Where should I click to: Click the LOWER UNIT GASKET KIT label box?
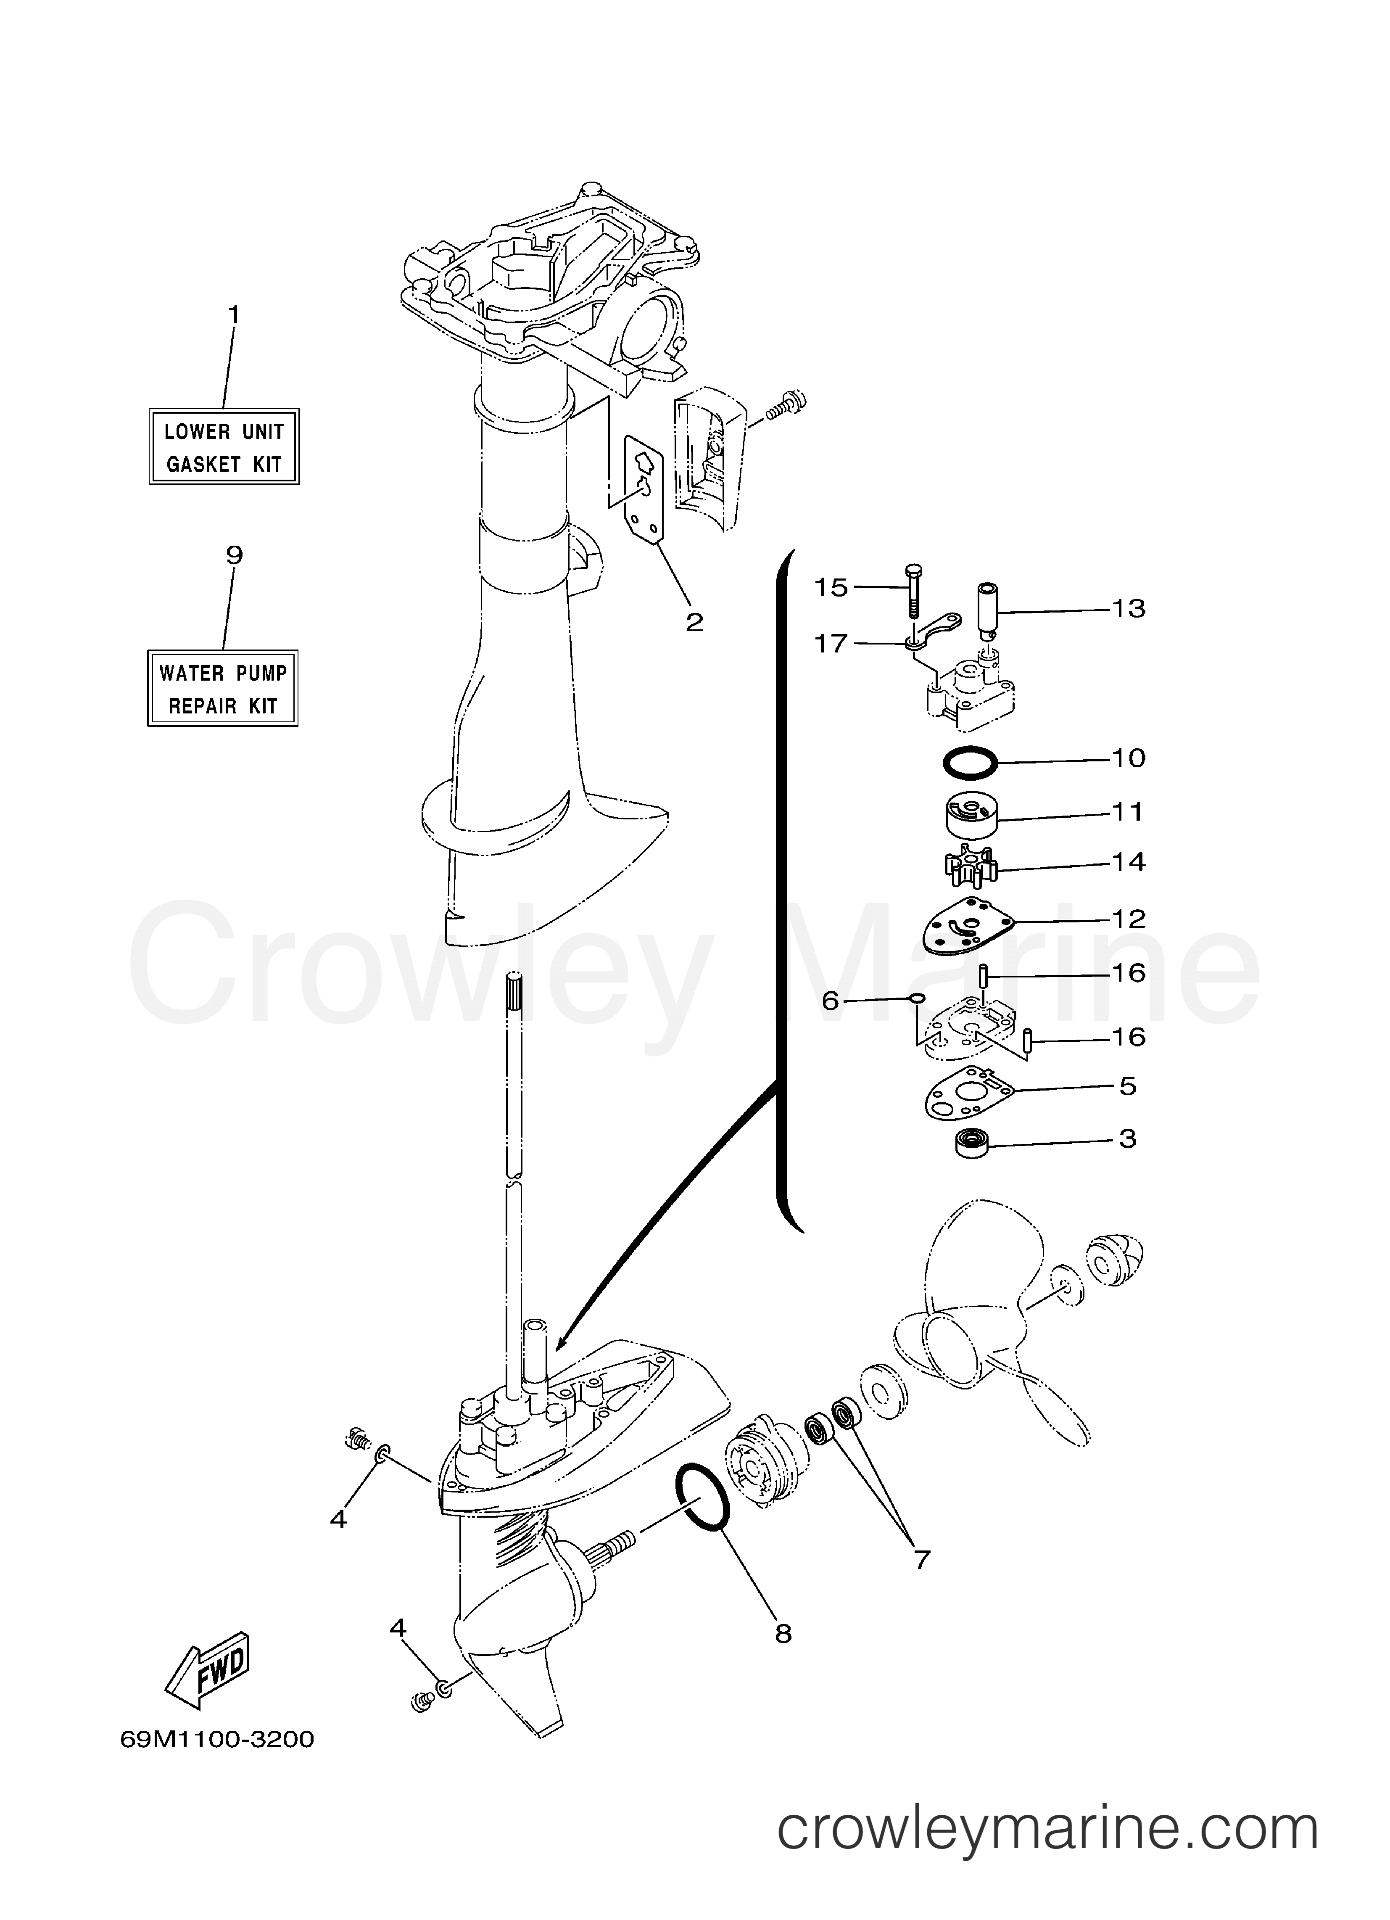click(224, 447)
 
